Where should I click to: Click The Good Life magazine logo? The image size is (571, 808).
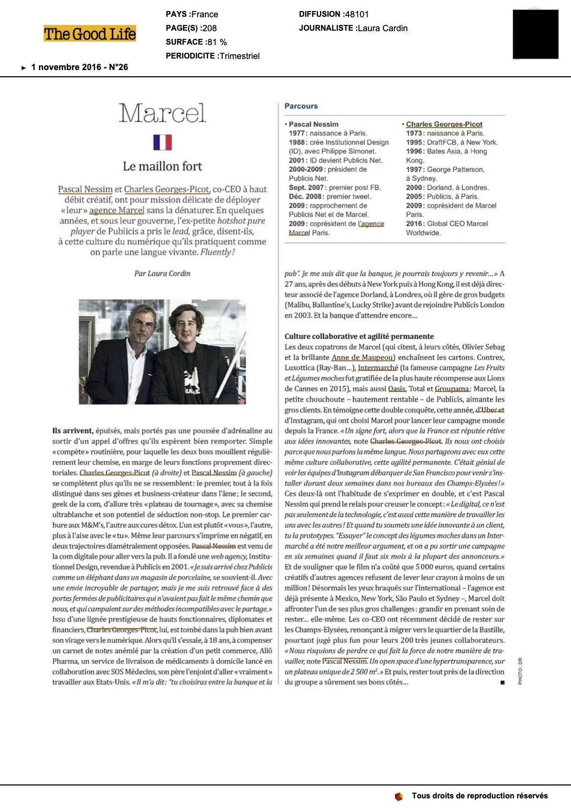tap(90, 34)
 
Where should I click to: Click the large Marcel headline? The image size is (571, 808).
tap(162, 113)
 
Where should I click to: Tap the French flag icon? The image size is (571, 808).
tap(162, 142)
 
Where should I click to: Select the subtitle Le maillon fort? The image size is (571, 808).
tap(162, 166)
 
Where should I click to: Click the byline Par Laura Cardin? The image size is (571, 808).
tap(162, 273)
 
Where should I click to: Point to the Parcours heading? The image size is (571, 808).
tap(301, 106)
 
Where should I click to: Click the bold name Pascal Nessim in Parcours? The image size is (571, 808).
tap(313, 124)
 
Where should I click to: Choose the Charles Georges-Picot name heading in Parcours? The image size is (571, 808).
tap(444, 124)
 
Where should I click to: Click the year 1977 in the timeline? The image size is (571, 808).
tap(297, 133)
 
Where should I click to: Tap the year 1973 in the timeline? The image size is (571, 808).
tap(415, 133)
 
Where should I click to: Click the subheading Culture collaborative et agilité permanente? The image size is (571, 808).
tap(359, 336)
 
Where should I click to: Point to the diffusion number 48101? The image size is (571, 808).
tap(357, 14)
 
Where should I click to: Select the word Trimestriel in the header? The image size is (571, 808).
tap(239, 56)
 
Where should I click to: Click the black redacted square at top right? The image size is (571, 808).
tap(535, 34)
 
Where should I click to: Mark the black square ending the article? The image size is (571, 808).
tap(502, 682)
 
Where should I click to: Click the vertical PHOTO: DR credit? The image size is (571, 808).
tap(520, 671)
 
